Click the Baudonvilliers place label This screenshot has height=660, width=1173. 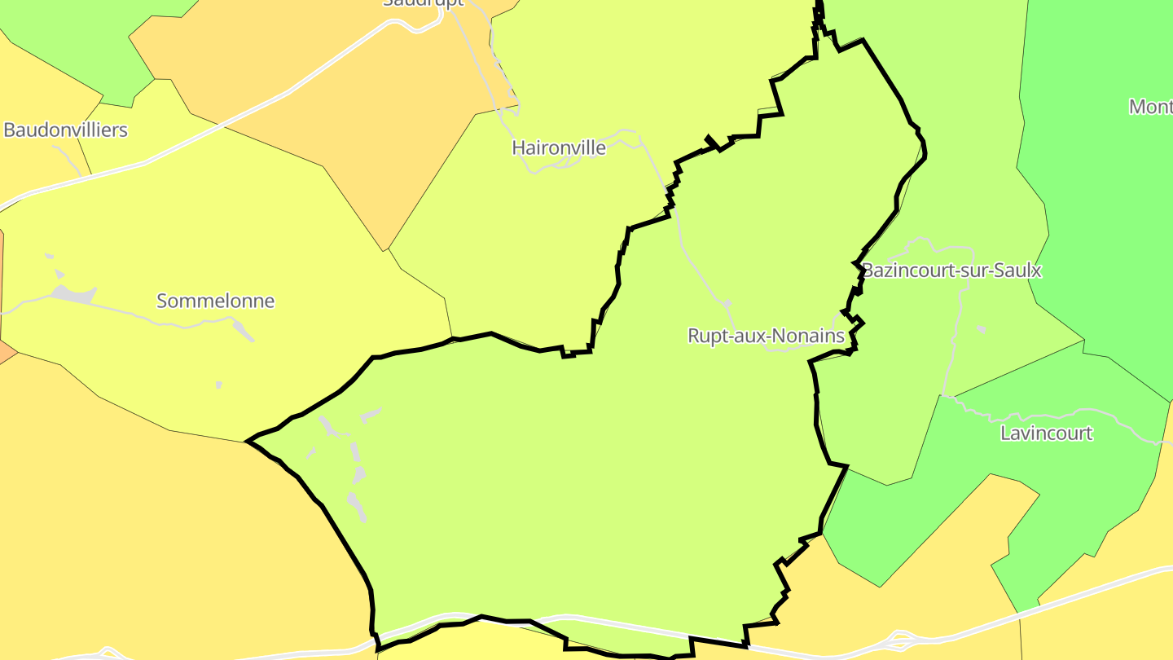(x=66, y=130)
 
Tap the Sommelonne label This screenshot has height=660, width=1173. (x=215, y=301)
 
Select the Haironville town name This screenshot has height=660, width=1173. (x=559, y=147)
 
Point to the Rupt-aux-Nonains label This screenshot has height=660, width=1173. (x=766, y=336)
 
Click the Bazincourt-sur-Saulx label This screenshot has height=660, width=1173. (x=951, y=271)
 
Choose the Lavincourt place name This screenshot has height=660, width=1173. (x=1046, y=433)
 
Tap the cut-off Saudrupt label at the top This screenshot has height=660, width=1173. (x=424, y=3)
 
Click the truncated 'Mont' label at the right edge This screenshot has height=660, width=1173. (x=1150, y=107)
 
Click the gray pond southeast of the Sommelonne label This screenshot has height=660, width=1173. (x=242, y=329)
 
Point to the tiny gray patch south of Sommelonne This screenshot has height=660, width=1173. (x=218, y=385)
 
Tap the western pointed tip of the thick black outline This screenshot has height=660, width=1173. (x=247, y=442)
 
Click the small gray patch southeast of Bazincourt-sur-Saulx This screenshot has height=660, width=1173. (x=982, y=329)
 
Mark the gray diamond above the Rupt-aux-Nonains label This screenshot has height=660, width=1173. (x=727, y=304)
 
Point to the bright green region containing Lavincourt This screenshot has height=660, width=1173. (x=1059, y=489)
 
